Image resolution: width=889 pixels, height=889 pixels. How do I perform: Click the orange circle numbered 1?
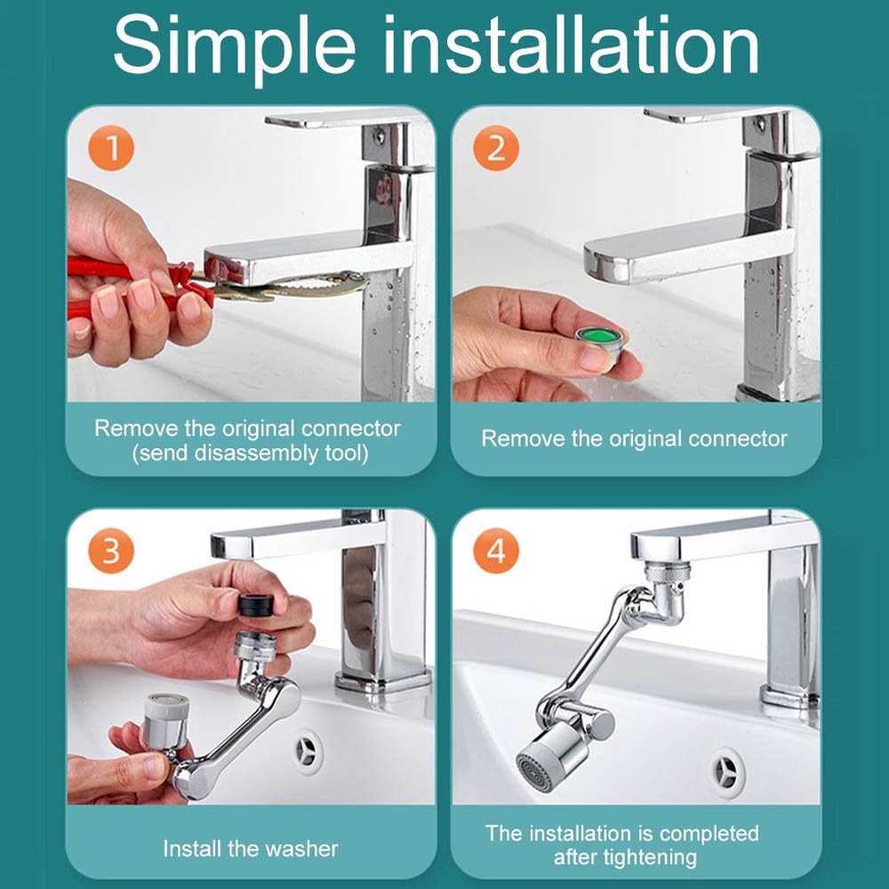(x=111, y=148)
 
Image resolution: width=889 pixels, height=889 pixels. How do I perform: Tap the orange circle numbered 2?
(x=496, y=148)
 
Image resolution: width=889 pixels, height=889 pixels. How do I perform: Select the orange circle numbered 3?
(x=111, y=550)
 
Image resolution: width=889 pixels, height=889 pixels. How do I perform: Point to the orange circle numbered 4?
(x=496, y=550)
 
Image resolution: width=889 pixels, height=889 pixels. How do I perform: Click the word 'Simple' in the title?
(x=234, y=46)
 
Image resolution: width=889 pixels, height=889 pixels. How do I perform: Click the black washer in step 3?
(x=256, y=605)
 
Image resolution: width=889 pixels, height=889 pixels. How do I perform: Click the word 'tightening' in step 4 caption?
(x=625, y=857)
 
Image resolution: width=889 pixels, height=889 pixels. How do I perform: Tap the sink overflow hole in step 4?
(x=727, y=773)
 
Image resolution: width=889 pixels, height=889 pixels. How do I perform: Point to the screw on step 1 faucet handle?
(x=380, y=136)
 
